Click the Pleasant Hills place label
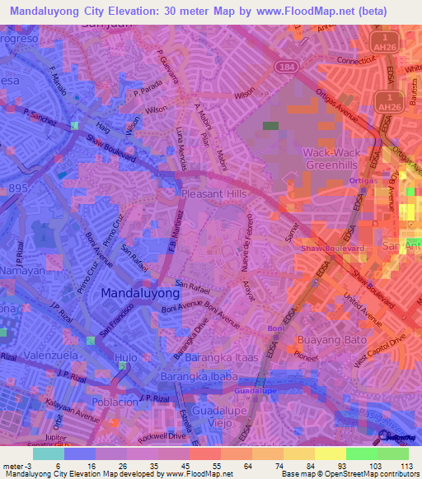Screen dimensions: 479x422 pos(213,193)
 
